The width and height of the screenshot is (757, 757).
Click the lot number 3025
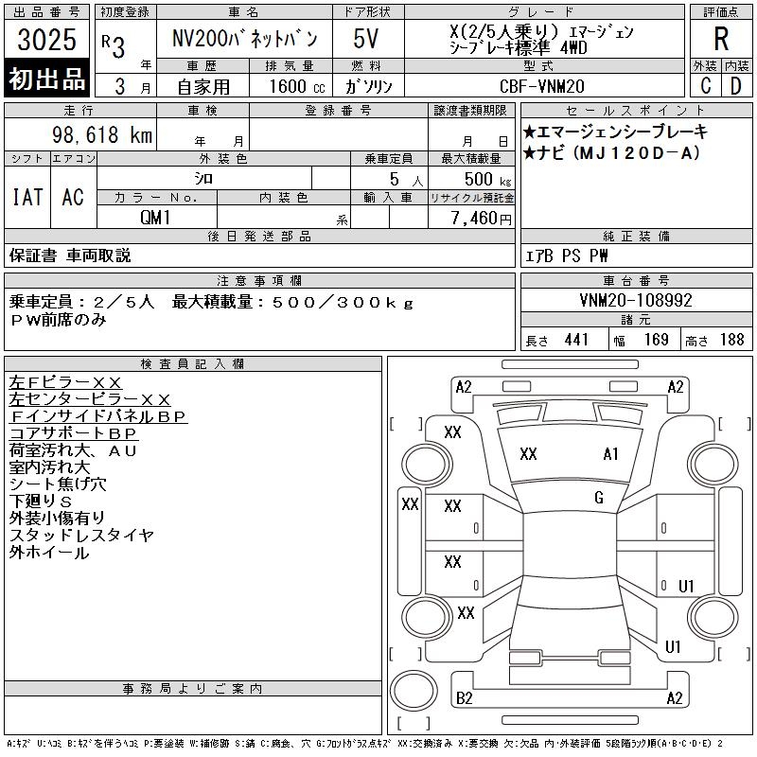(x=46, y=39)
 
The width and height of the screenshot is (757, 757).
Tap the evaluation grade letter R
(x=721, y=39)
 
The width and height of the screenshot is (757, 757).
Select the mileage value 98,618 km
(x=102, y=134)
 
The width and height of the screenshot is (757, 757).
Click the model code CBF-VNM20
(x=541, y=86)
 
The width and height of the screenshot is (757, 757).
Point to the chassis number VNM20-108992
(x=636, y=300)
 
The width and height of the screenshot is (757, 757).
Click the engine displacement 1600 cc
(x=297, y=86)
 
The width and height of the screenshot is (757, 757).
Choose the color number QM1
(x=155, y=218)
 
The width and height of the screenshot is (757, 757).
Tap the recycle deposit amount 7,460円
(x=481, y=219)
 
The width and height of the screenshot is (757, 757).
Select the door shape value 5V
(x=365, y=39)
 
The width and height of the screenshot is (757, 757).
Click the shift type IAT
(x=27, y=197)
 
